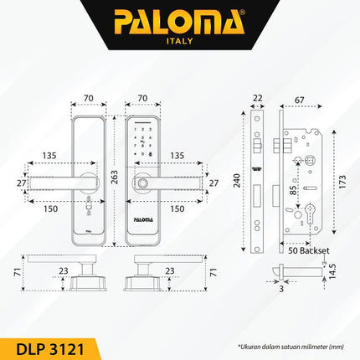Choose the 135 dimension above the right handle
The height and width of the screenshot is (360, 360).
177,155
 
